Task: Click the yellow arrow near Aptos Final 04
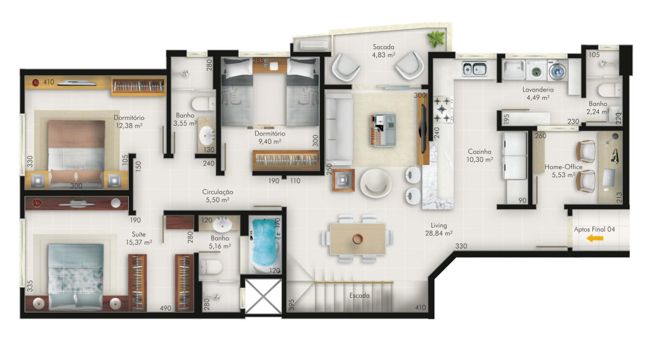pos(595,238)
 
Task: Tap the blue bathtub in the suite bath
pos(264,245)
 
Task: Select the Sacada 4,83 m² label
pos(383,50)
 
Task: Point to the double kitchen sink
pos(474,69)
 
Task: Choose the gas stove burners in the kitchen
pos(443,109)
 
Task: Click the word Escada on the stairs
pos(359,295)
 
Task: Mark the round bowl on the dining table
pos(358,239)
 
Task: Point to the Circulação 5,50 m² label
pos(217,196)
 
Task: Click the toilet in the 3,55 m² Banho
pos(203,104)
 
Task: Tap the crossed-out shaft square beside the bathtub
pos(263,296)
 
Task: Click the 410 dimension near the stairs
pos(420,307)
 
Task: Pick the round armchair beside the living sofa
pos(375,183)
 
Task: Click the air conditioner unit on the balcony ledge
pos(314,45)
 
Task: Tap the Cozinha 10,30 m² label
pos(480,156)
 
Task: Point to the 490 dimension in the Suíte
pos(165,308)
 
